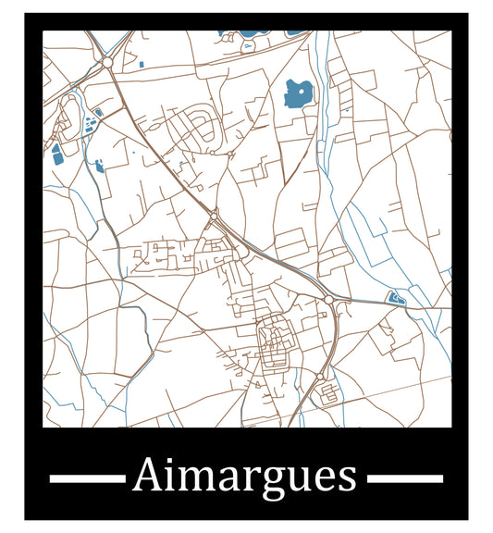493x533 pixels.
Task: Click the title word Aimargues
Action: (x=245, y=477)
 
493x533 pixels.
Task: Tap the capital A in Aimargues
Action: (x=146, y=476)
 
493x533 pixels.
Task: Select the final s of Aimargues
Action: (x=348, y=478)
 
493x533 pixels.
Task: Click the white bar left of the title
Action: (x=86, y=478)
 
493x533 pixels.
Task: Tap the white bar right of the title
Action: (x=405, y=478)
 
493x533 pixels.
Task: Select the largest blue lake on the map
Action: (x=298, y=93)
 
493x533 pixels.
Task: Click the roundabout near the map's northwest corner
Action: (x=107, y=62)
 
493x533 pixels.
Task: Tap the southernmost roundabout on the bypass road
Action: (x=319, y=377)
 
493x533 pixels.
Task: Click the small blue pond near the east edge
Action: (x=395, y=298)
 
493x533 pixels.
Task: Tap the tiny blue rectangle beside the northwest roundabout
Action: (x=140, y=65)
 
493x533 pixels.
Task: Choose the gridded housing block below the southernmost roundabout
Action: (x=327, y=396)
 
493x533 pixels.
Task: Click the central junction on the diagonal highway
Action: (x=214, y=217)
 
